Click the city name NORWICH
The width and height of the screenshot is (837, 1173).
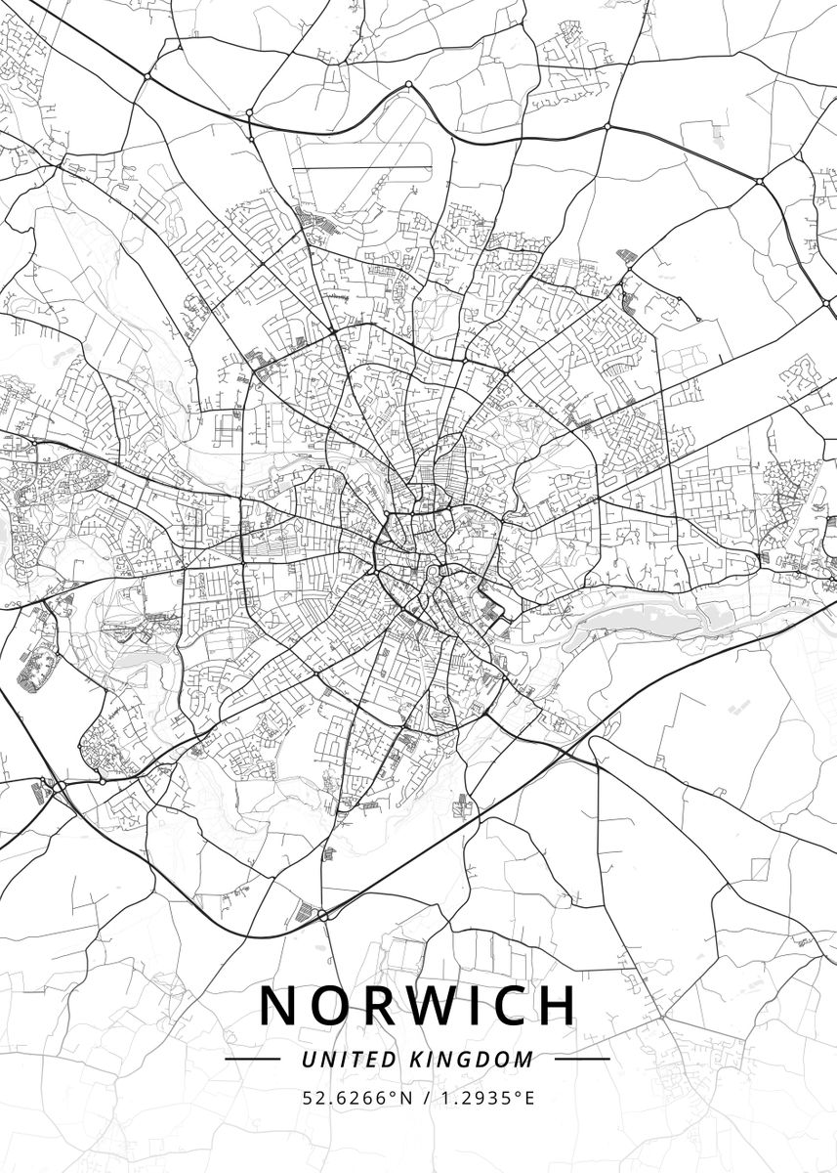(418, 1005)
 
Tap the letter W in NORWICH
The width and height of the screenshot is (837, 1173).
(423, 1005)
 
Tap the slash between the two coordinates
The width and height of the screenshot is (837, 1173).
(422, 1098)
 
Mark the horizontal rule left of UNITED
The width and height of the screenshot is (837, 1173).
(253, 1059)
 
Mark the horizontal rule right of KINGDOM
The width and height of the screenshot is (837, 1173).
(582, 1059)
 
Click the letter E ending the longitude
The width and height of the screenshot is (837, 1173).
(529, 1098)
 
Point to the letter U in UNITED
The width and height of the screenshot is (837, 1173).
(308, 1059)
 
